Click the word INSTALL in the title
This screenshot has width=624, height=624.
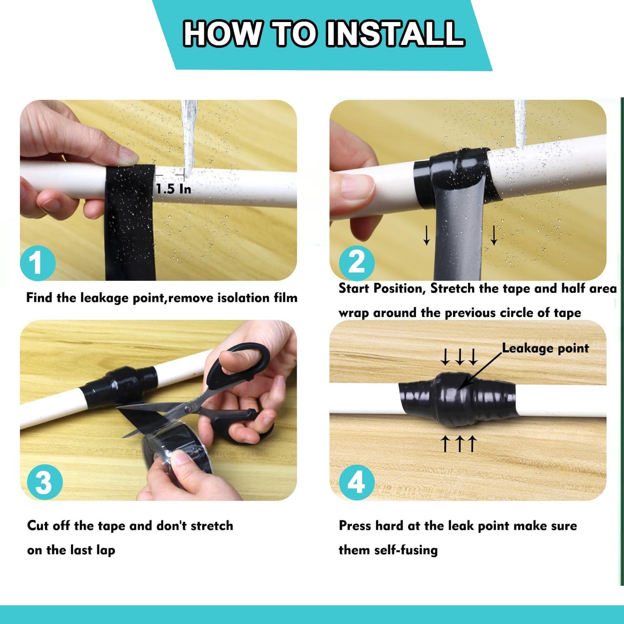(x=395, y=34)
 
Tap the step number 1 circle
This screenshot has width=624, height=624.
(x=38, y=263)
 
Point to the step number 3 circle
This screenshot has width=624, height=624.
(x=44, y=482)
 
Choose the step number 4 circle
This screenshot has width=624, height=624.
(x=356, y=482)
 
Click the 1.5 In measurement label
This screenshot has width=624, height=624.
(x=173, y=189)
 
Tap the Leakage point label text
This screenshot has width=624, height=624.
(x=545, y=348)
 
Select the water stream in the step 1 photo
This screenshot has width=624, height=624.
(x=189, y=130)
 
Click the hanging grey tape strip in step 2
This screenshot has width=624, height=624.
(x=459, y=233)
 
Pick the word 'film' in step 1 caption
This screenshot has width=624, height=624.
(x=285, y=298)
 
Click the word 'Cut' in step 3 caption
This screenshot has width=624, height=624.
(x=38, y=526)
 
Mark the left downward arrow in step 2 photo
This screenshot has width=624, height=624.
(x=426, y=235)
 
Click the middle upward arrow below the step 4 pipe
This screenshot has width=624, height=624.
(x=459, y=443)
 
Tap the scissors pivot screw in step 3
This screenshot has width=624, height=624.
(x=187, y=408)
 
